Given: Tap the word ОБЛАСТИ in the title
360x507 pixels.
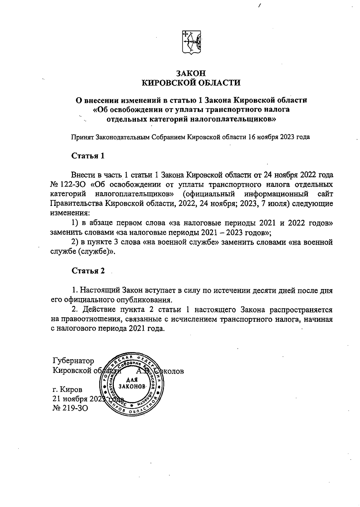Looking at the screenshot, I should click(218, 83).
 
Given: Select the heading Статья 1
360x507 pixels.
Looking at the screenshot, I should click(88, 156).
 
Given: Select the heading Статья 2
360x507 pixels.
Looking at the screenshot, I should click(88, 271).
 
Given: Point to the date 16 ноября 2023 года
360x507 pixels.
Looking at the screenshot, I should click(279, 137).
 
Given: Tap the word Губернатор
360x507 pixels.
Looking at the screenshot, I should click(73, 361).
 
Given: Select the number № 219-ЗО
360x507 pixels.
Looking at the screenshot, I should click(70, 408).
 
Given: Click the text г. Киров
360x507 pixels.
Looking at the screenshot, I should click(67, 390).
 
